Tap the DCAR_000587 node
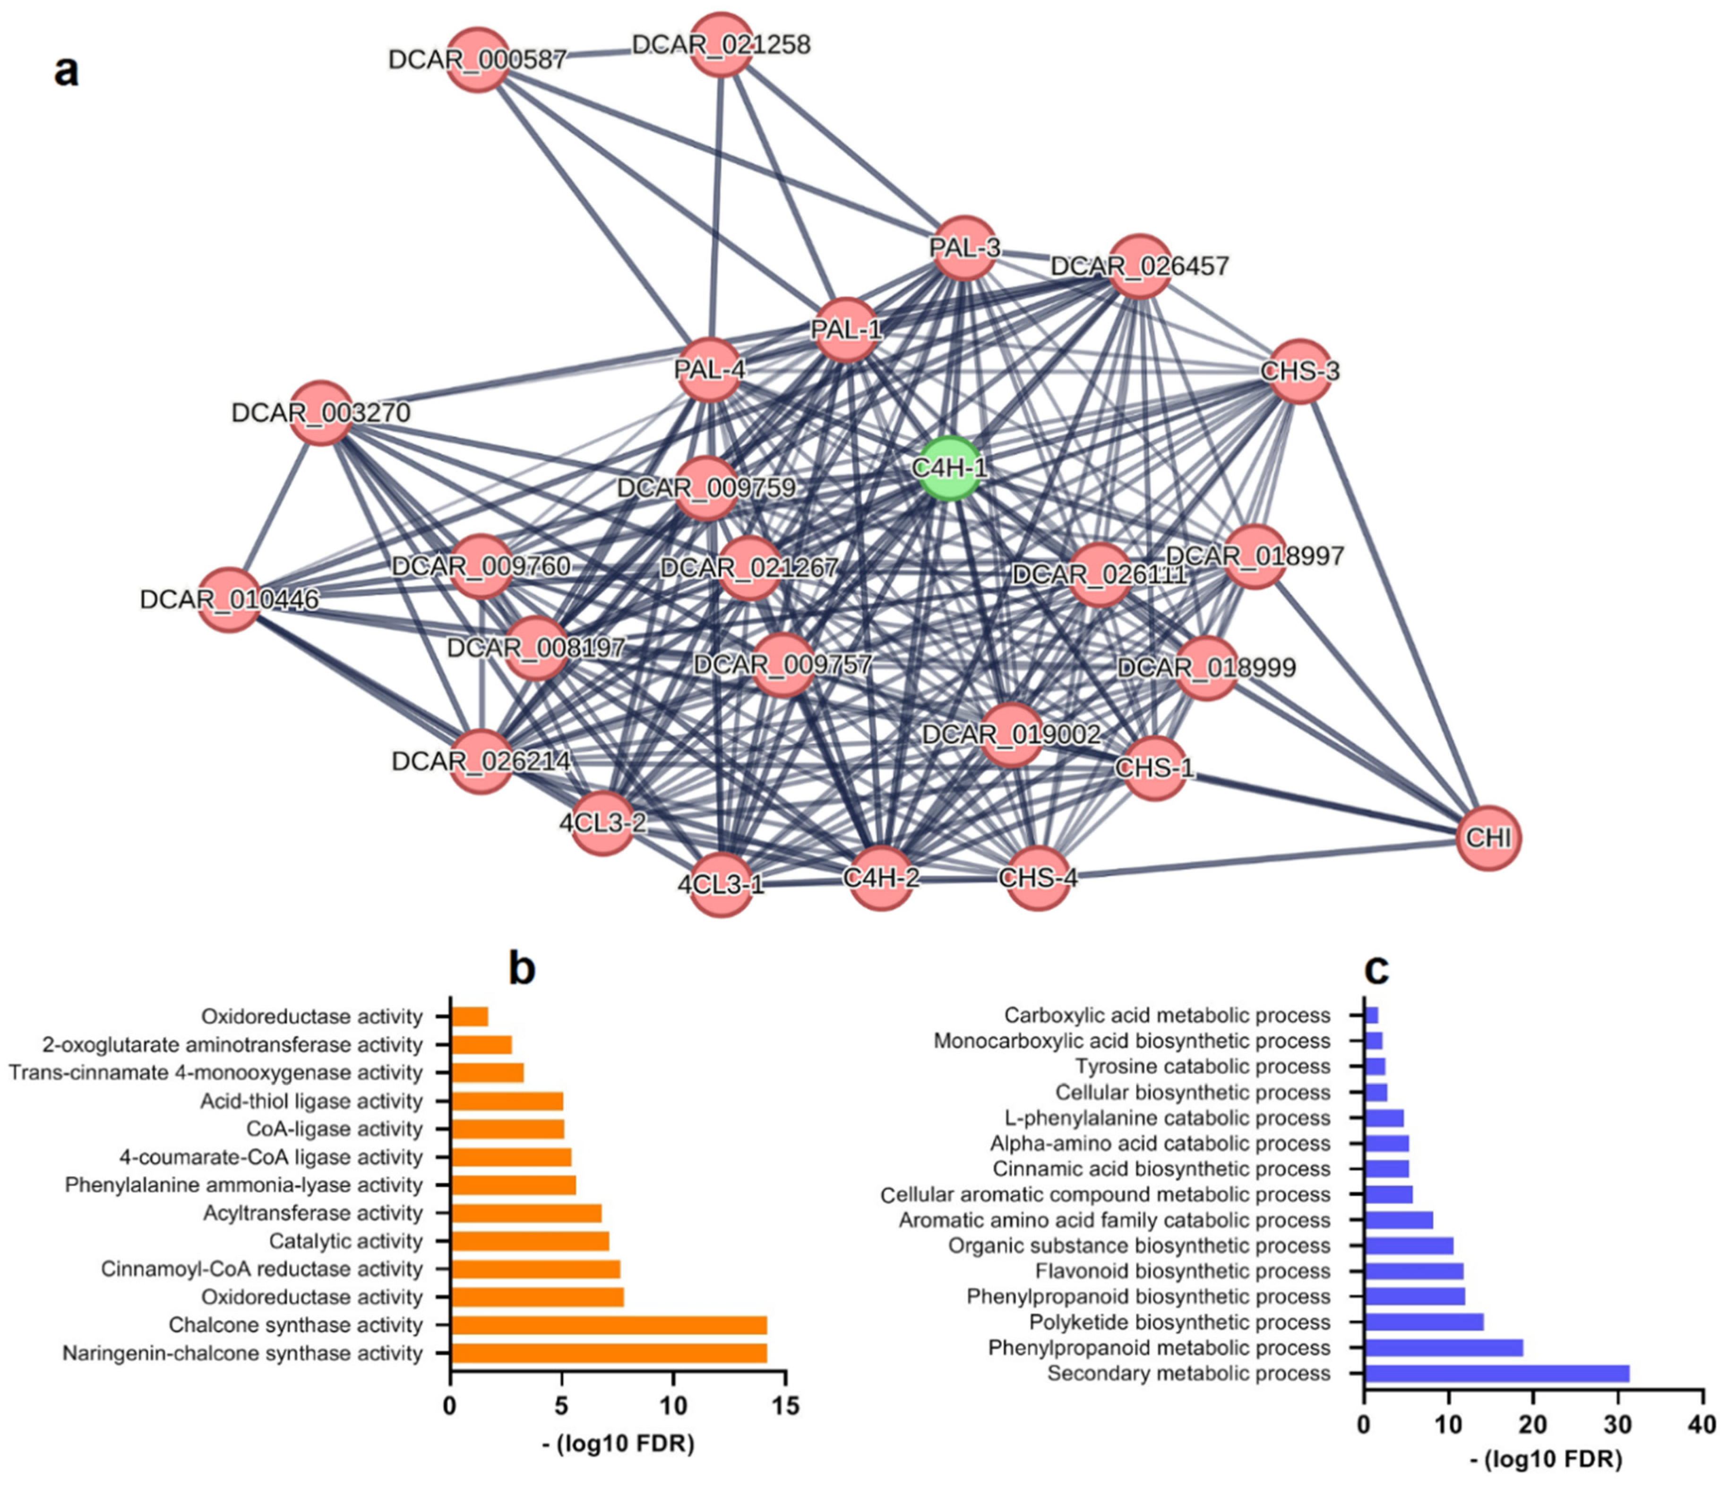point(477,59)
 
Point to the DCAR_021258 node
point(721,44)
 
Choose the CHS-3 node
point(1299,370)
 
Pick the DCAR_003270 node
point(321,412)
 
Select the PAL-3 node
point(964,247)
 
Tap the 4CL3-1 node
point(721,883)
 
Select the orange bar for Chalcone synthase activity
point(608,1325)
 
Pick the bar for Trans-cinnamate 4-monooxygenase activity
point(487,1073)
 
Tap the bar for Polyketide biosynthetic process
point(1423,1322)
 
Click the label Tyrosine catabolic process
point(1203,1066)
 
